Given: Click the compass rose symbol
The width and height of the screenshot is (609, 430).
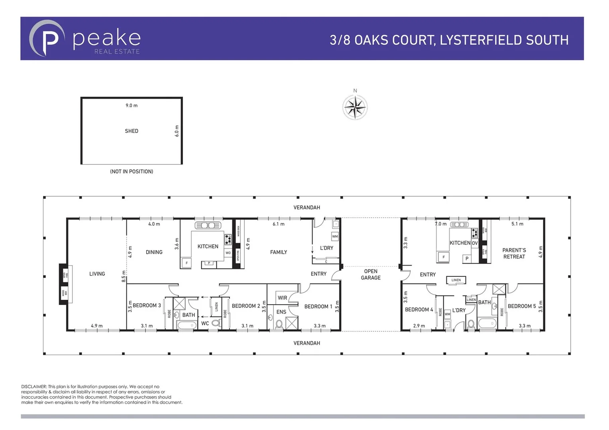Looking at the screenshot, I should [x=355, y=107].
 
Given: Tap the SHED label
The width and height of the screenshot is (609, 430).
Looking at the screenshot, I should [x=132, y=131].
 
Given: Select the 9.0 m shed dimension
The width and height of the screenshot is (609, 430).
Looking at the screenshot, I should [x=132, y=106].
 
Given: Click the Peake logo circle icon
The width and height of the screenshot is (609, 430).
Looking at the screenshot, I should [x=47, y=39].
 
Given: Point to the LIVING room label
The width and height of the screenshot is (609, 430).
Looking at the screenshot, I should [x=97, y=274].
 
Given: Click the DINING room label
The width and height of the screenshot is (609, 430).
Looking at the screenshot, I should [x=154, y=252].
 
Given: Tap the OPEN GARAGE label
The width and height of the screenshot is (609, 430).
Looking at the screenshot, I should [x=371, y=274].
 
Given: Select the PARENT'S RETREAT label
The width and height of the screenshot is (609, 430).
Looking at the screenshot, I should [x=514, y=254].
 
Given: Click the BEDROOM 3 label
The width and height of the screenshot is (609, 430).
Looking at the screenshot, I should [x=147, y=305].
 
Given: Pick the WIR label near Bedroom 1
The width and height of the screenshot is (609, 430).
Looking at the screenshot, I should [x=282, y=298].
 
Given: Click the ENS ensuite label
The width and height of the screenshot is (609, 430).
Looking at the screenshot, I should [x=281, y=312].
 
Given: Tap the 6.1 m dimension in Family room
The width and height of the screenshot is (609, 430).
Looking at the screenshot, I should [x=278, y=224].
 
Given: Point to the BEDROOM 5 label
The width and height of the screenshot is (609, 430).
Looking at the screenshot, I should [x=521, y=306].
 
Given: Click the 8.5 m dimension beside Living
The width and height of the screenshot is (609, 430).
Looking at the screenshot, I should [x=124, y=276].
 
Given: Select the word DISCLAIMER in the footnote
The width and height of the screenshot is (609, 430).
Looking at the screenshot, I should [x=34, y=387].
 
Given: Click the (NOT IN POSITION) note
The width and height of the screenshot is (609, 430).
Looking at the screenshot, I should [x=132, y=172].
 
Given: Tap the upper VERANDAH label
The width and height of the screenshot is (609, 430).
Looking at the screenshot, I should [x=306, y=207].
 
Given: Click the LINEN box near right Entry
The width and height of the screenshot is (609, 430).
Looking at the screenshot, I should [x=456, y=280].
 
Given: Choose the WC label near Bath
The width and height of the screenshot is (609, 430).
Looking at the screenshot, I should [x=205, y=323].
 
